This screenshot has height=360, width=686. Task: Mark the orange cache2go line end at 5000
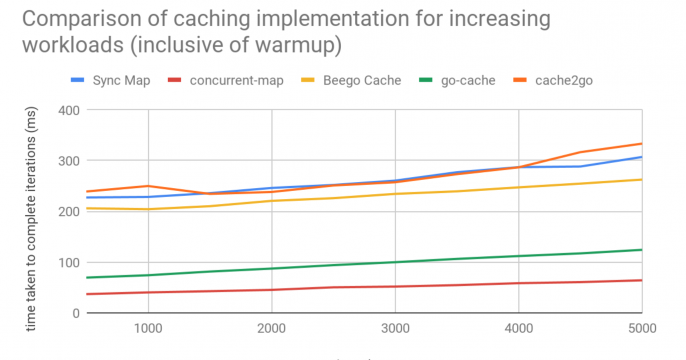641,144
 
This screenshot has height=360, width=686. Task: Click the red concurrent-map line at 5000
641,280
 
